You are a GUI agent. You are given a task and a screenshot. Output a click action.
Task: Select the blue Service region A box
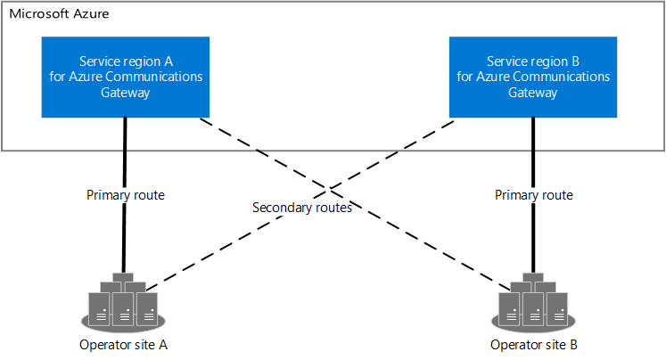(126, 77)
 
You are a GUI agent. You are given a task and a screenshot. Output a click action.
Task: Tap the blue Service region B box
(533, 77)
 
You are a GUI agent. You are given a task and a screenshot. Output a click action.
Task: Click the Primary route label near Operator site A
(126, 194)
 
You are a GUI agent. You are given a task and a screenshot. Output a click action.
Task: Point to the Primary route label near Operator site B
(533, 194)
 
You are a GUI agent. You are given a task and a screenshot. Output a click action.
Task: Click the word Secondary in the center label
(282, 209)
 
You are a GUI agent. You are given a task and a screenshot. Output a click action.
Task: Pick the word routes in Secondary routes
(333, 209)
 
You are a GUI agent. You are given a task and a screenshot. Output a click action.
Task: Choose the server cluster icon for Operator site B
(533, 300)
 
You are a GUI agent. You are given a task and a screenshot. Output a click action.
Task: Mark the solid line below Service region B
(533, 151)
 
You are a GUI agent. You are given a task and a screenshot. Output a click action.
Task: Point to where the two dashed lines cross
(330, 191)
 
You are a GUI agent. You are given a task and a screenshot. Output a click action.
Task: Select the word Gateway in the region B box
(533, 92)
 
